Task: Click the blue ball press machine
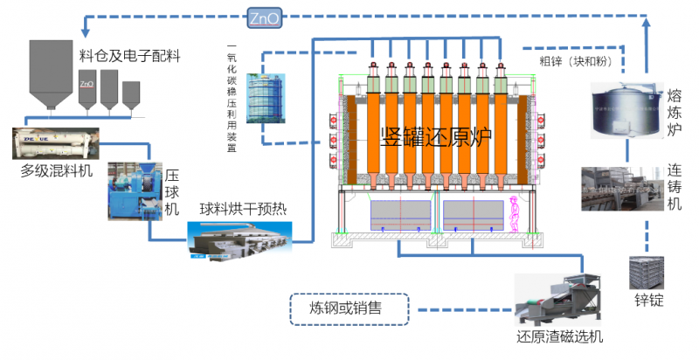tap(132, 184)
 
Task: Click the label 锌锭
tap(647, 301)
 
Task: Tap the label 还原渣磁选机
tap(559, 336)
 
